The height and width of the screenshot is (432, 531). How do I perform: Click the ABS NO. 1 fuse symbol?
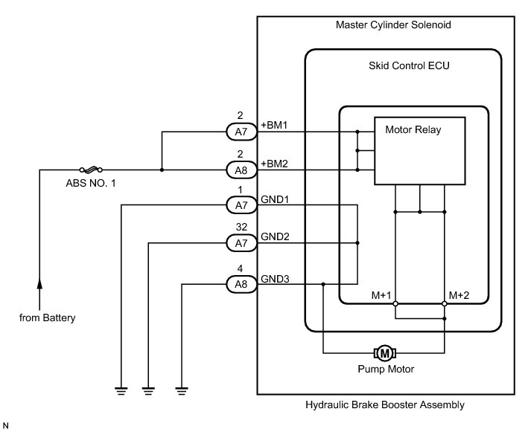pos(91,170)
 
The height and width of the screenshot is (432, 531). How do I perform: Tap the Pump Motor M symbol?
pos(385,353)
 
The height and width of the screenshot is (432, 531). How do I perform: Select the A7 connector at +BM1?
pos(241,132)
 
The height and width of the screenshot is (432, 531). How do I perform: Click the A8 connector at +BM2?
pos(241,170)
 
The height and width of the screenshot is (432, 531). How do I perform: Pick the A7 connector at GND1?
pos(241,204)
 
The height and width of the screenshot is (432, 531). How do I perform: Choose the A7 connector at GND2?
pos(241,243)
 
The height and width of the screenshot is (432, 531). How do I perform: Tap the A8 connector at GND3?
pos(241,284)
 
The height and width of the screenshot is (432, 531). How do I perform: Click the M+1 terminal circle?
pos(395,303)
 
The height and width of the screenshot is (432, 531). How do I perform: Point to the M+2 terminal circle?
pos(445,303)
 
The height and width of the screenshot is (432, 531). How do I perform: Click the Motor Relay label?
pos(413,130)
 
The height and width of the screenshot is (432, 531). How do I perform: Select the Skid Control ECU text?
pos(409,65)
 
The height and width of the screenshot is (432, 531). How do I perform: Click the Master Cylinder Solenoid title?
pos(393,25)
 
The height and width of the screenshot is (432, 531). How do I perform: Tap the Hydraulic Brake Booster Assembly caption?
pos(385,405)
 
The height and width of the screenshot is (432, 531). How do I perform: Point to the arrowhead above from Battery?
pos(39,283)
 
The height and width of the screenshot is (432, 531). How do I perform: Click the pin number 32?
pos(241,227)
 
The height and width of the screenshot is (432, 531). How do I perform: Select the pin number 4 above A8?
pos(240,268)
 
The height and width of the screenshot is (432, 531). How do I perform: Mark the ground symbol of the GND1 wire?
pos(121,391)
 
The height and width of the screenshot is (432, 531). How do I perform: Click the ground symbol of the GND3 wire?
pos(182,391)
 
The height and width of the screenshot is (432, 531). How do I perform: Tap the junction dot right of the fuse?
pos(162,170)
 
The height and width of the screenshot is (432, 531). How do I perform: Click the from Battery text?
pos(48,318)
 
